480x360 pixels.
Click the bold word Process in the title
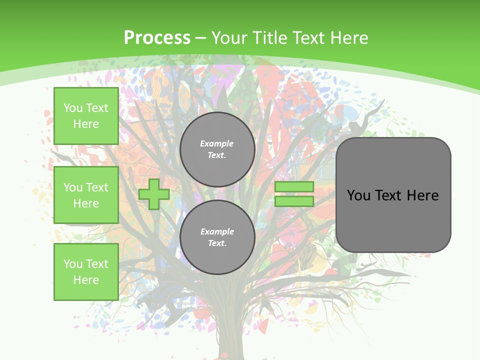click(157, 38)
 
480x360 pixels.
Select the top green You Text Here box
click(86, 116)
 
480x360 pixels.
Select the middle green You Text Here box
click(86, 195)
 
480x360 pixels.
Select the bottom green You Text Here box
click(86, 272)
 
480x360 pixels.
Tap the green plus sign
click(154, 194)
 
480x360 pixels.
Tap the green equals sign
click(294, 194)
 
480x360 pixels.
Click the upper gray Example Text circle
click(217, 149)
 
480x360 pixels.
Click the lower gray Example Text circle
click(217, 237)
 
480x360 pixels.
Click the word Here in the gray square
click(422, 195)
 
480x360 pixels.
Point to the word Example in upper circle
click(217, 143)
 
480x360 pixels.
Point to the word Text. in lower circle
click(217, 243)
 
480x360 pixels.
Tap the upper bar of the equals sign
click(294, 187)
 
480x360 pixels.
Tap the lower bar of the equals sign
click(294, 201)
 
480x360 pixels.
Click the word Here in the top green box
click(86, 124)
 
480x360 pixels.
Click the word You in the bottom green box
click(73, 264)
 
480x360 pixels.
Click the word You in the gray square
click(358, 195)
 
